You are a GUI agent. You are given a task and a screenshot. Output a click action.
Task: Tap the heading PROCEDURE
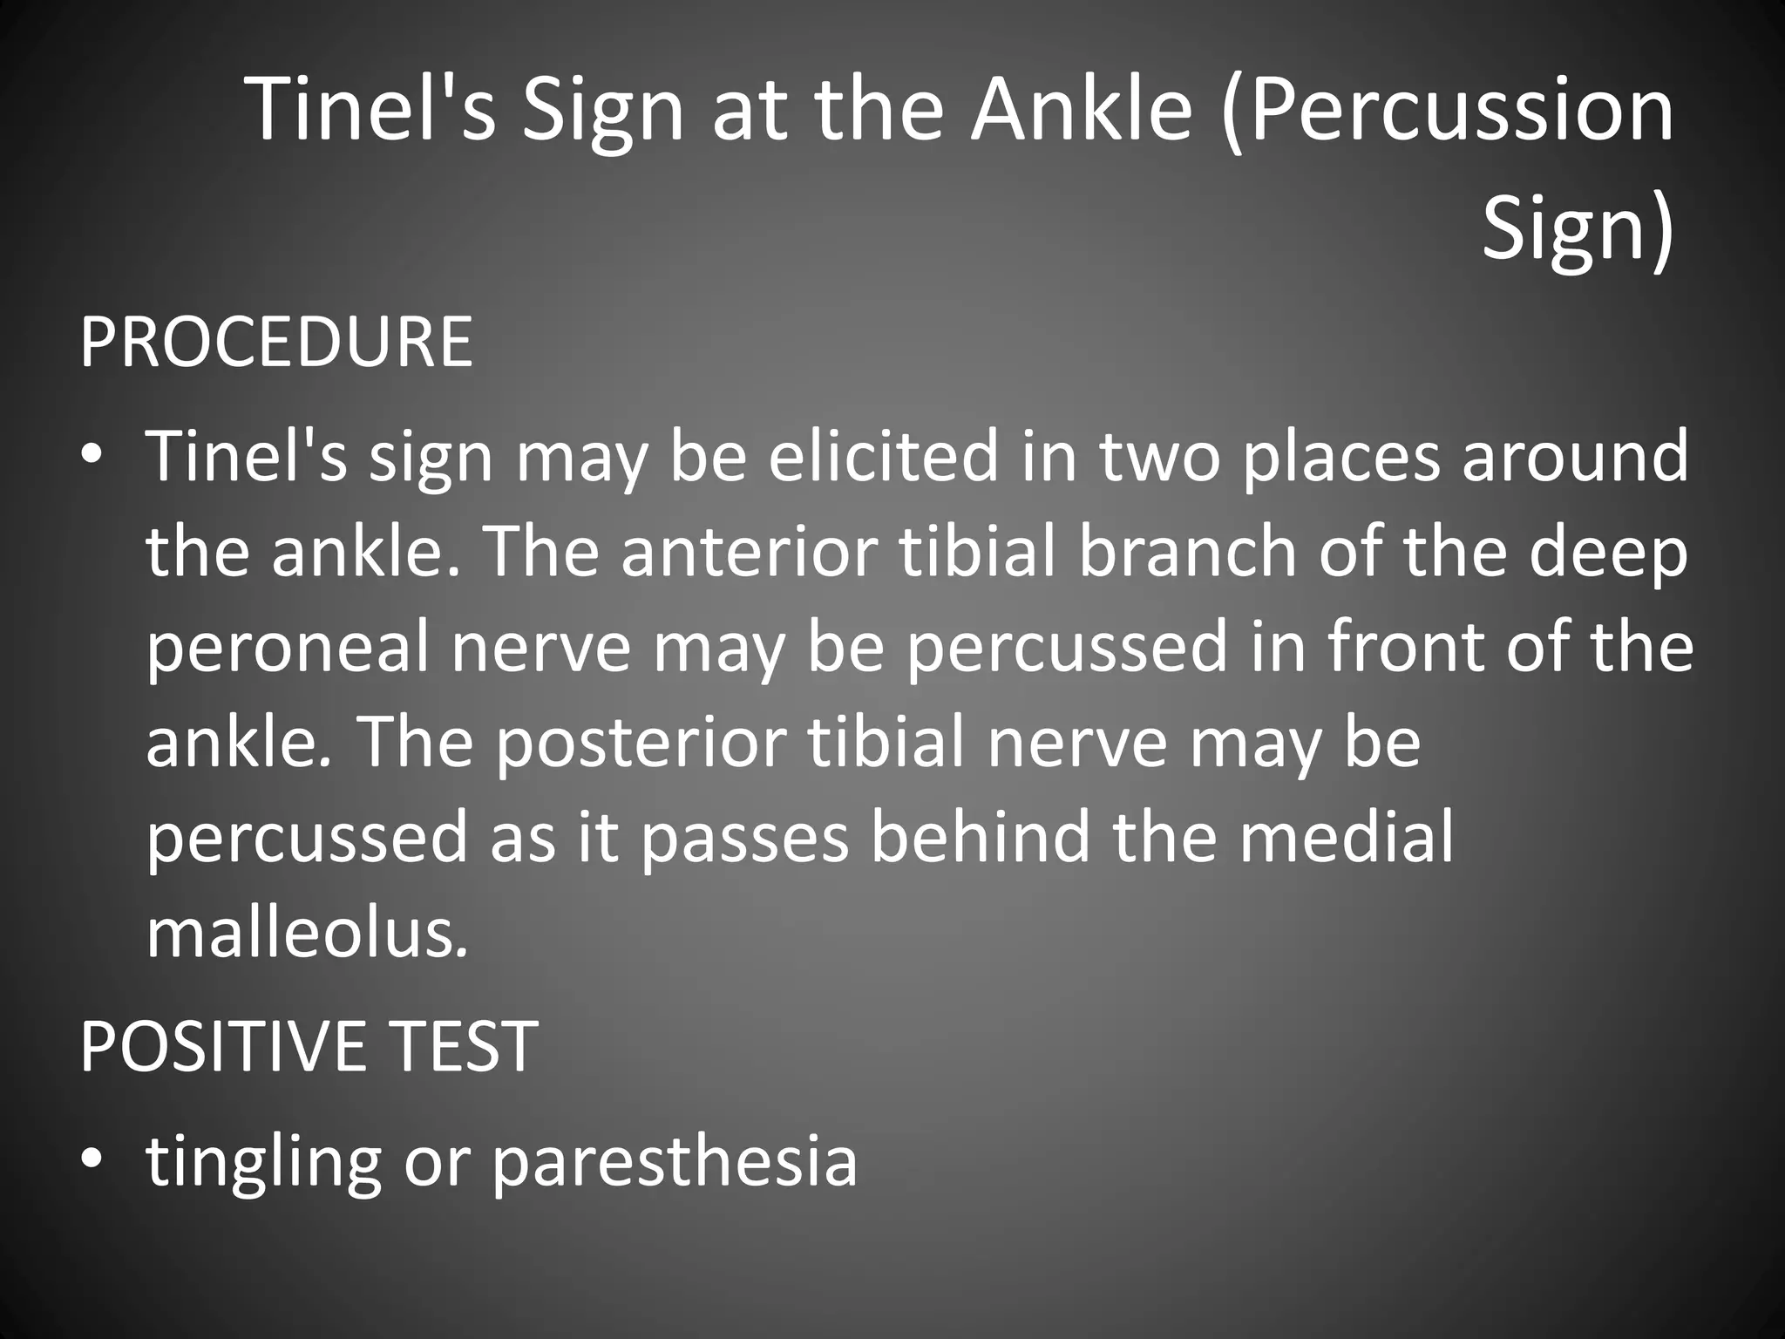coord(276,343)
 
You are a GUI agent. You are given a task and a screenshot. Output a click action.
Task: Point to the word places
coord(1340,457)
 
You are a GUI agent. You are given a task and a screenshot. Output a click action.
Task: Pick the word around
coord(1576,457)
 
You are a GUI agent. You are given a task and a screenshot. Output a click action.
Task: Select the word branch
coord(1188,552)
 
